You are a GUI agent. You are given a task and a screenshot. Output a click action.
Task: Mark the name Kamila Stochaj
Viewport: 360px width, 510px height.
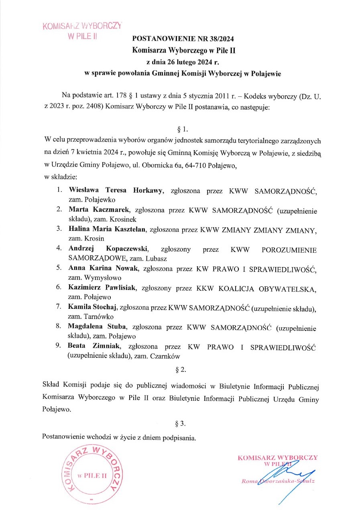(92, 308)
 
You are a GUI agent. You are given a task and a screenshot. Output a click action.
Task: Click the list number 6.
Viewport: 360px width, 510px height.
(58, 288)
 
